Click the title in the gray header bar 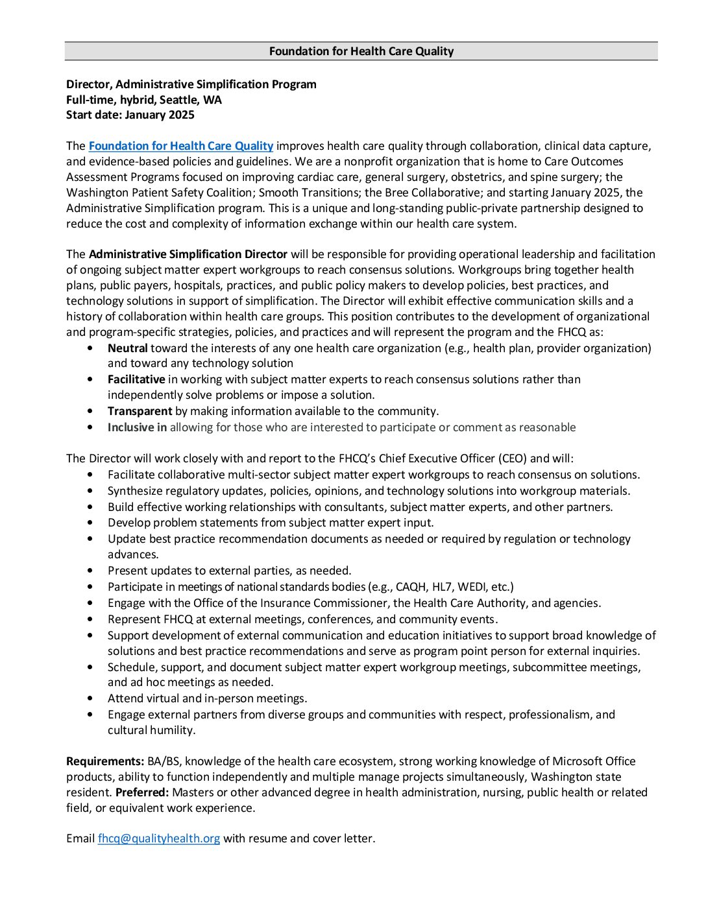pos(361,51)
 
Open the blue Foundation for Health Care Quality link pos(181,146)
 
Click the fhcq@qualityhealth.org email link pos(159,838)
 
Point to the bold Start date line pos(130,115)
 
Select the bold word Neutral pos(128,348)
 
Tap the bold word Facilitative pos(136,379)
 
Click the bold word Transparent pos(140,411)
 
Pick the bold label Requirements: pos(105,761)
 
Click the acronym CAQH pos(410,587)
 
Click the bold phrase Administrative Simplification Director pos(188,254)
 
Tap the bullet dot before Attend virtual pos(90,698)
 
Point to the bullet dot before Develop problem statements pos(90,523)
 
